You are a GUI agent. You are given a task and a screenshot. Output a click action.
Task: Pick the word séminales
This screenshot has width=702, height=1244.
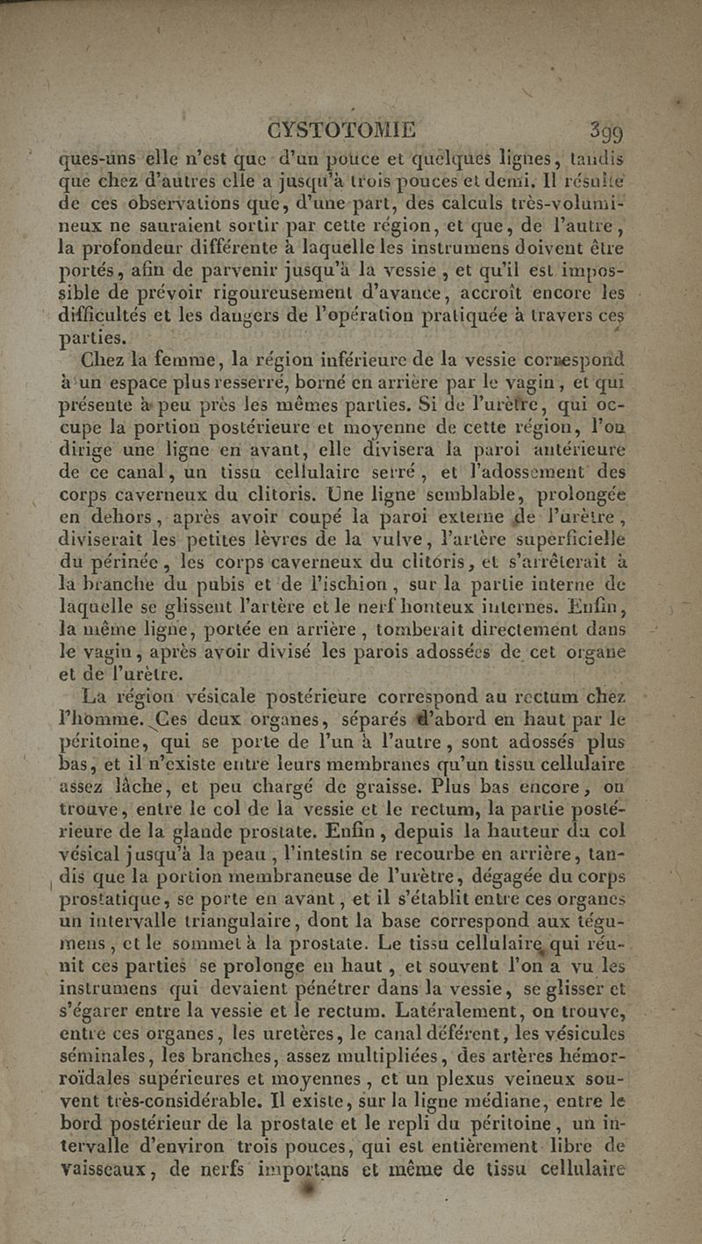99,1037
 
